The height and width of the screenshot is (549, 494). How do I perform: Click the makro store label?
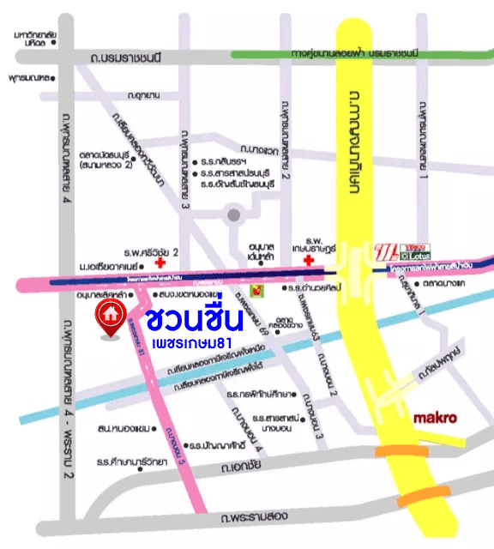coord(435,419)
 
